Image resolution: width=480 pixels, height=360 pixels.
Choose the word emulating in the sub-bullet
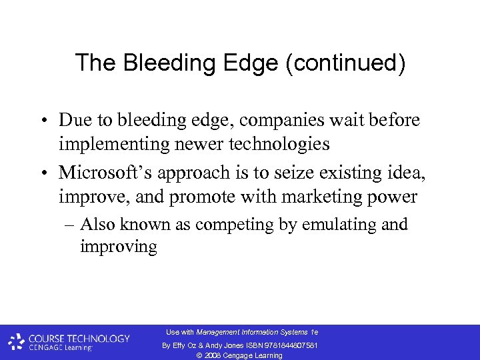(328, 225)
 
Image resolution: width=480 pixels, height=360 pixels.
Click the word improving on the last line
(118, 247)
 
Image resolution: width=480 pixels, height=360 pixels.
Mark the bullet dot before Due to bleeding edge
(43, 121)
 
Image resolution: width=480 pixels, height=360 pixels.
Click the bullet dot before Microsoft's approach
(43, 173)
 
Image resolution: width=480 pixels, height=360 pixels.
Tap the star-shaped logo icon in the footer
(17, 343)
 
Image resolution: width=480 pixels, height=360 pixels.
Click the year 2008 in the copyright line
(215, 355)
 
